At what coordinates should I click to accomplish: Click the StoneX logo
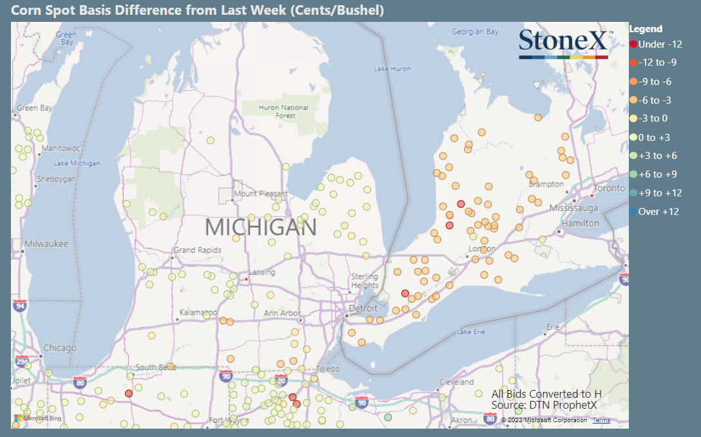563,44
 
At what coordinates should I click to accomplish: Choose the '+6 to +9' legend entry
657,174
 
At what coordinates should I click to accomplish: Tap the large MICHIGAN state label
260,227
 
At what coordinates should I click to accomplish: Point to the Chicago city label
60,348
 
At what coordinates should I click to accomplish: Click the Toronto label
609,189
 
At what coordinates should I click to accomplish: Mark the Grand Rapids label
197,250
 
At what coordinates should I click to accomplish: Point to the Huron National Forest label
283,111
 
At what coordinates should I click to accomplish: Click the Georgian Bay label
475,32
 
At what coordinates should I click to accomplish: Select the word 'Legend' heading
646,29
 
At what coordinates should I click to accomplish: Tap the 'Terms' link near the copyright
601,420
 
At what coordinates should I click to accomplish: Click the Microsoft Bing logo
38,418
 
